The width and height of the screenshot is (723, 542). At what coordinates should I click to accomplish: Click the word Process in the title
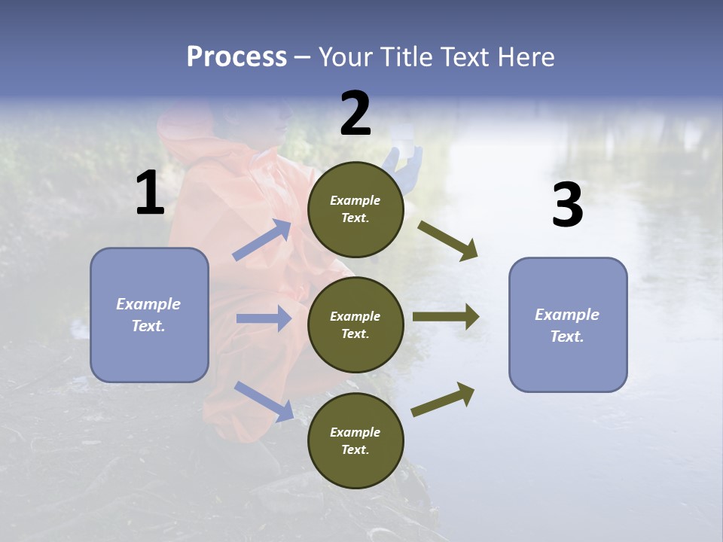236,57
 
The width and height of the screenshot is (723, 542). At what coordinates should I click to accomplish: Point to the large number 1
150,193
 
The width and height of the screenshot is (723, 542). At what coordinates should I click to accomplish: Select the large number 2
355,114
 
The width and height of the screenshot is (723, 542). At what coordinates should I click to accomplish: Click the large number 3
567,206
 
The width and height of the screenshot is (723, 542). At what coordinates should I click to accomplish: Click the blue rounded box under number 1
149,315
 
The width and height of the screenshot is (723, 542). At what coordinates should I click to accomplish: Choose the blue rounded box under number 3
568,325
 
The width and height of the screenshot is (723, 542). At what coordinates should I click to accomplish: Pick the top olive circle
355,209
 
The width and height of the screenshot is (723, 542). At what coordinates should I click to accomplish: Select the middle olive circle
355,324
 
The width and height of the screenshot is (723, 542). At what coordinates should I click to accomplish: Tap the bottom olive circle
355,440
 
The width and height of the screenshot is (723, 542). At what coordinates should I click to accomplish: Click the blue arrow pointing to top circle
262,240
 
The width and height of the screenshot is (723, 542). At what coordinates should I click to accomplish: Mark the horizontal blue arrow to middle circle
264,318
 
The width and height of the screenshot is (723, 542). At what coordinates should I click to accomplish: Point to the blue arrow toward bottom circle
264,400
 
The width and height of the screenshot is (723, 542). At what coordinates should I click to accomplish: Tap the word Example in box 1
148,304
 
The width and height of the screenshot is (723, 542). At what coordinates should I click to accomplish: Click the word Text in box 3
566,336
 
